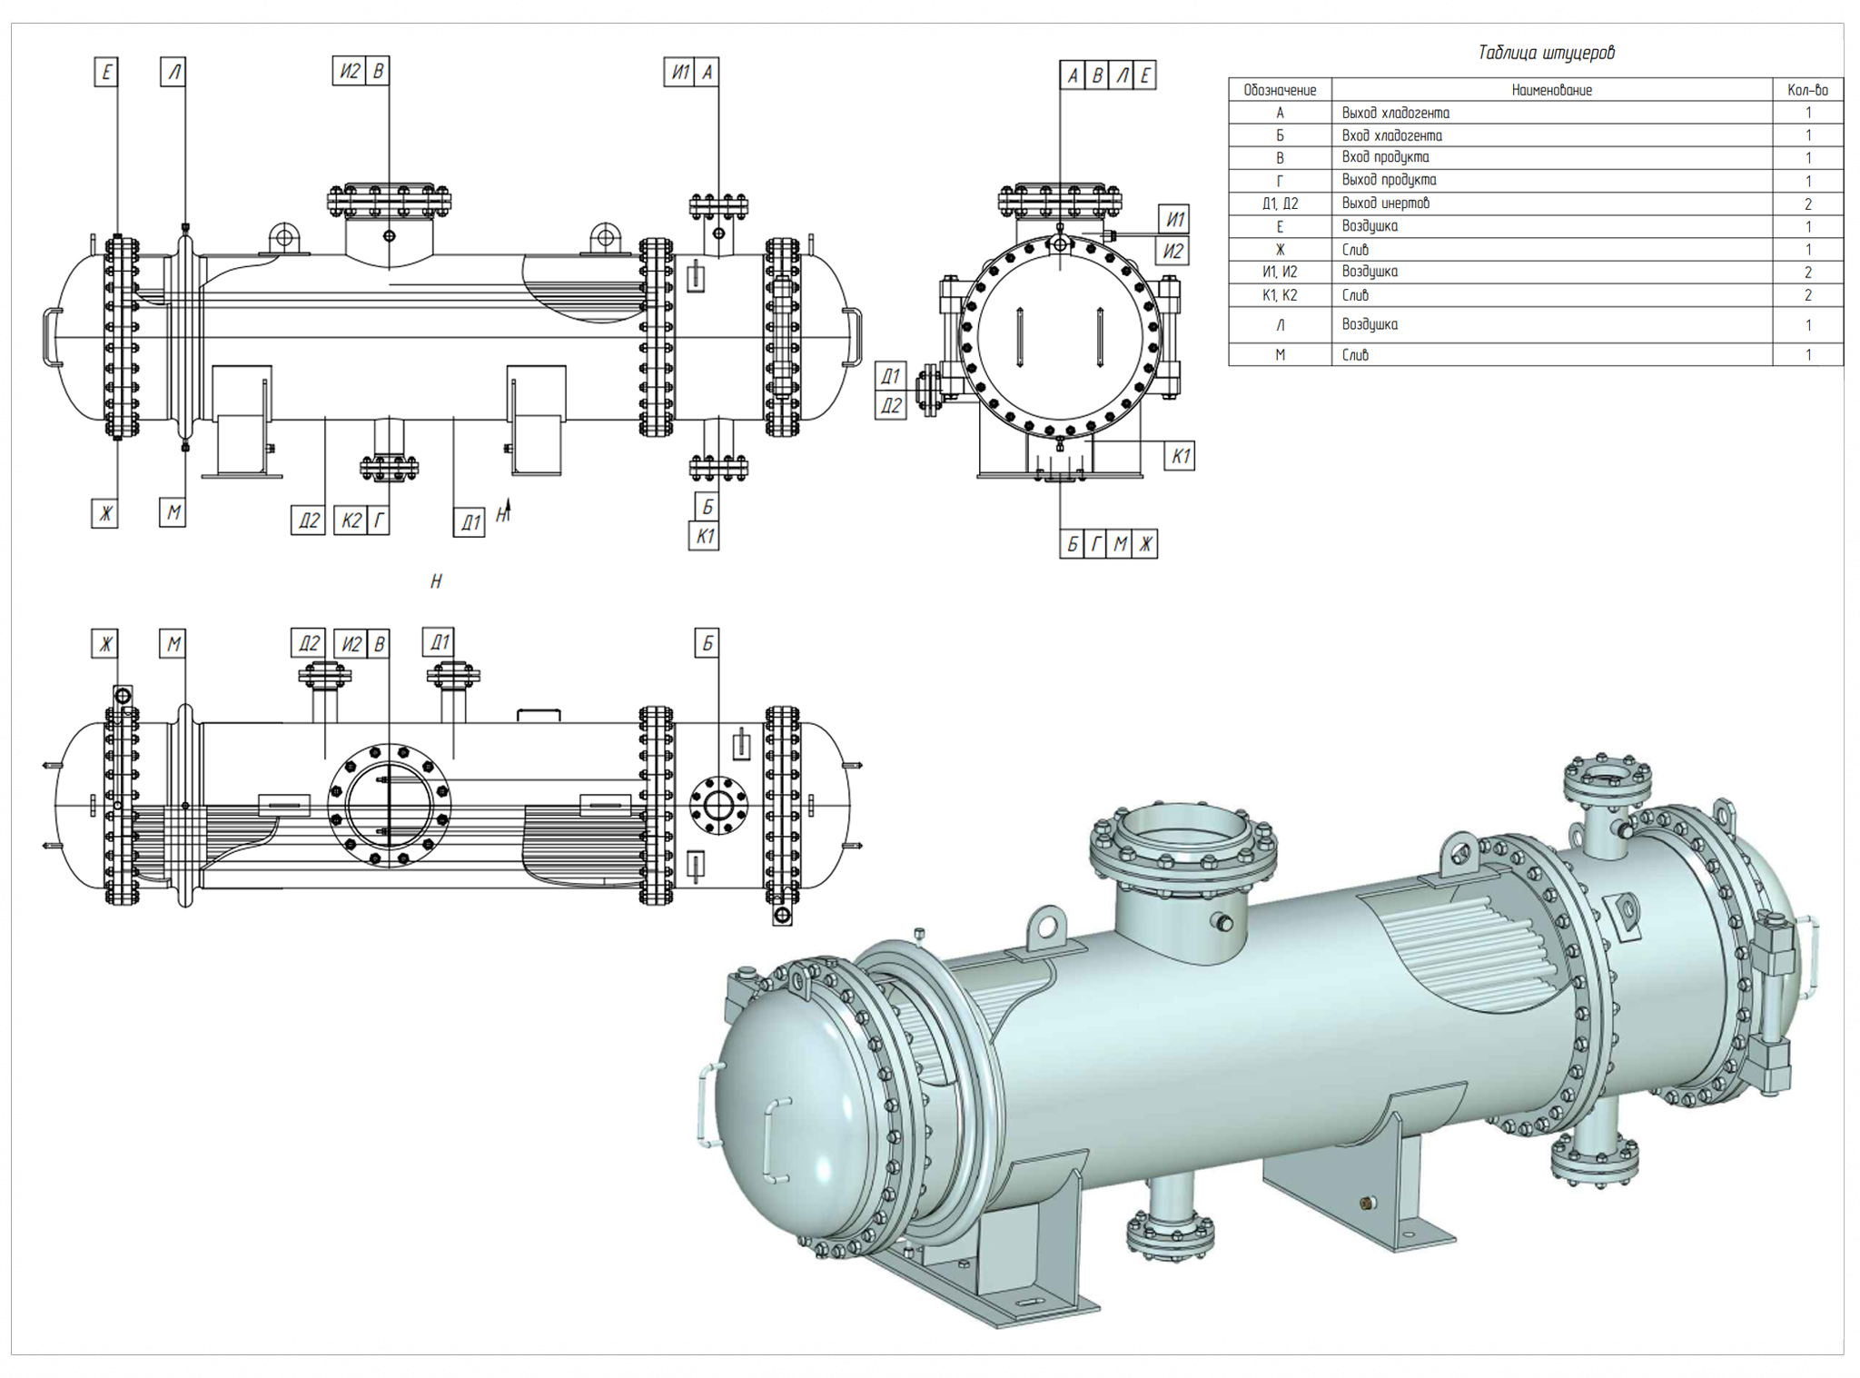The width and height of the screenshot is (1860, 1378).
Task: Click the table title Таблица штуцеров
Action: coord(1546,53)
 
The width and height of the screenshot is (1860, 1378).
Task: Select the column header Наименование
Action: coord(1551,90)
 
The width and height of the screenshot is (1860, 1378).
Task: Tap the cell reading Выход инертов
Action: coord(1386,203)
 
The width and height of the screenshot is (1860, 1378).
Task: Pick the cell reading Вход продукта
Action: coord(1385,157)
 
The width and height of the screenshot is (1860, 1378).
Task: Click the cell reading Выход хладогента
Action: coord(1395,113)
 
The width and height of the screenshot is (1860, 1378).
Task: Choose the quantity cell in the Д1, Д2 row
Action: coord(1807,203)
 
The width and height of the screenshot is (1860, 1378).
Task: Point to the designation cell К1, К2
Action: coord(1280,295)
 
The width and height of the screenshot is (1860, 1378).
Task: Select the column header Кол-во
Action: coord(1807,90)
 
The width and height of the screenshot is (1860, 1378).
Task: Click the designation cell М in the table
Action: coord(1280,355)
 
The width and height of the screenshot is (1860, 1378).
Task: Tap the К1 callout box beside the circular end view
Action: coord(1180,456)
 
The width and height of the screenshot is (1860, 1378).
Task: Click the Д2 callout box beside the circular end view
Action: coord(891,405)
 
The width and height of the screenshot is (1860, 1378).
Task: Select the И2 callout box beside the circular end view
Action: coord(1173,251)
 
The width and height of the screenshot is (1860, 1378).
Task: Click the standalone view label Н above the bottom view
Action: coord(436,581)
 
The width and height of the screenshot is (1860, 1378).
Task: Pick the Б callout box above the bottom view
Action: coord(707,643)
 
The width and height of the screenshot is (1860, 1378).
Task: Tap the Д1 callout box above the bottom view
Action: coord(439,642)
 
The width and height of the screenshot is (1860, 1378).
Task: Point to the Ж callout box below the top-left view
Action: coord(105,513)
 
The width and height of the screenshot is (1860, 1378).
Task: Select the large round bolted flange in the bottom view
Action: coord(389,805)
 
